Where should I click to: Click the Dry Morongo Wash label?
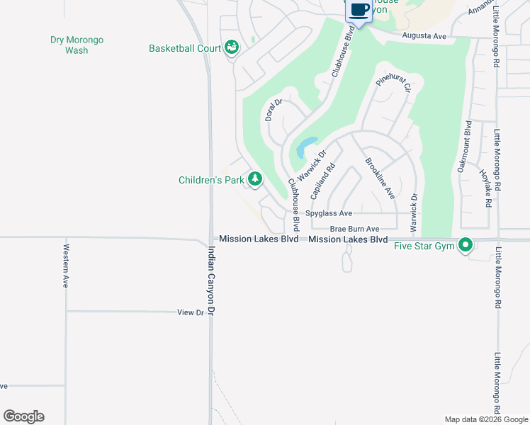point(77,45)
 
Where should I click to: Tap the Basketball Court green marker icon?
point(232,48)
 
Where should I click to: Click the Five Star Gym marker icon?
point(466,246)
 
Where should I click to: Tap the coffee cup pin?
point(359,11)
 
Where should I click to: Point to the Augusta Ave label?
point(424,35)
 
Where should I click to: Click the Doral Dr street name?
point(274,110)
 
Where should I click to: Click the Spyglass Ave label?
point(328,213)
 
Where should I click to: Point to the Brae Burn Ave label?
point(355,229)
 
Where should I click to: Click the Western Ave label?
point(66,266)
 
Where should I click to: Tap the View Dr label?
point(190,312)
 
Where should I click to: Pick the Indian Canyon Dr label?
point(210,281)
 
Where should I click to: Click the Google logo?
point(23,416)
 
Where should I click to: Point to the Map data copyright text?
point(485,419)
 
